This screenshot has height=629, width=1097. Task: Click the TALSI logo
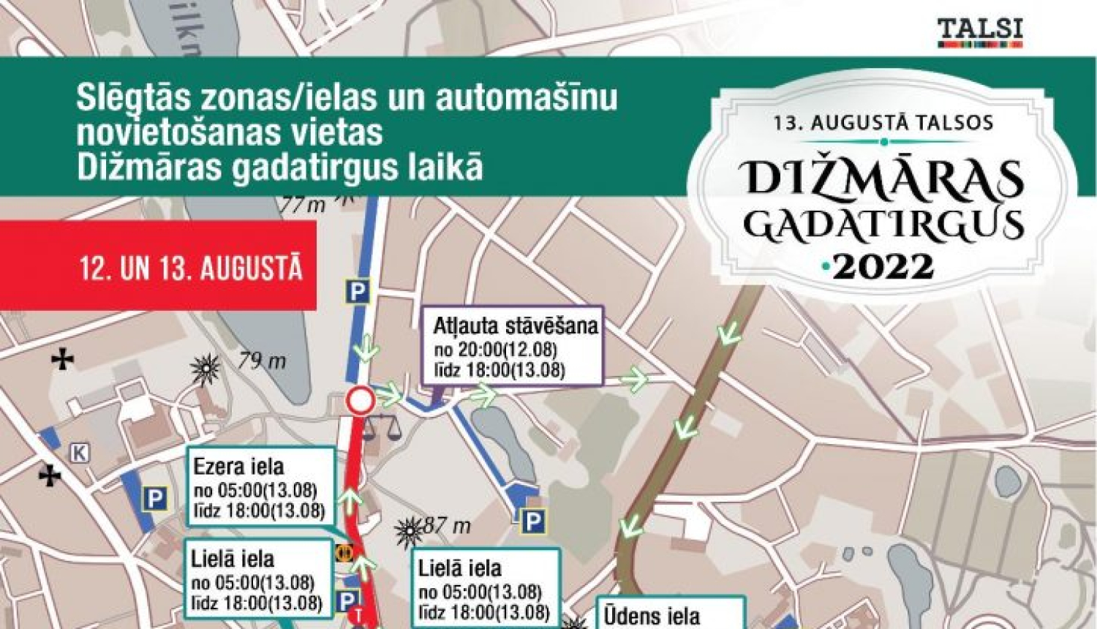coord(980,33)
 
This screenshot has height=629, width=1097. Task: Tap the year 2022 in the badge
coord(883,267)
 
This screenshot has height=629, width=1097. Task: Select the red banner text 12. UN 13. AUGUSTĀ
coord(192,268)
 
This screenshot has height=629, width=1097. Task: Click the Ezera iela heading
coord(238,467)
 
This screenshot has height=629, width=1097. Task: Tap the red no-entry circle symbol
coord(360,401)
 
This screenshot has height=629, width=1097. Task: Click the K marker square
coord(79,453)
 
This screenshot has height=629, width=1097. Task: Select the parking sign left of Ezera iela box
coord(154,500)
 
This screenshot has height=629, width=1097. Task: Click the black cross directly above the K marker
coord(64,359)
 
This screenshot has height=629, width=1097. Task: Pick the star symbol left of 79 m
coord(206,369)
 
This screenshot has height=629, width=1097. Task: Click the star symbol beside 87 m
coord(409,532)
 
